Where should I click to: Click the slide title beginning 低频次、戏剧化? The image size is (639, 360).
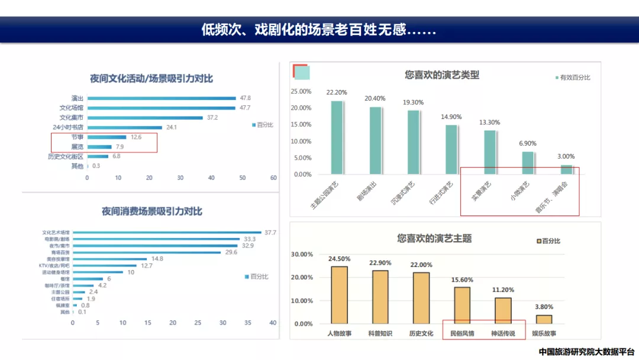click(319, 30)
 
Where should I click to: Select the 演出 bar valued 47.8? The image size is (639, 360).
click(161, 98)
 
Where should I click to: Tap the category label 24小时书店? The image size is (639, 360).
click(68, 127)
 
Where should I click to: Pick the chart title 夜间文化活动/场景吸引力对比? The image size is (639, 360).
click(151, 79)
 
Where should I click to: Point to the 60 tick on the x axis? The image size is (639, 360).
click(273, 178)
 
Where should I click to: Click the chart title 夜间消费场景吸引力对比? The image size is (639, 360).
click(151, 211)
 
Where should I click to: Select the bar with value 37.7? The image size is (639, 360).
click(167, 233)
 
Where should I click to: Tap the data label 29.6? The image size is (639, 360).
click(231, 252)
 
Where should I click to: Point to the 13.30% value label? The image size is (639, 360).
click(489, 123)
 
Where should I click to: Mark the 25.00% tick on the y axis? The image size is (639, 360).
click(301, 92)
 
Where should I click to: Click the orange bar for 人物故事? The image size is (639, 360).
click(339, 295)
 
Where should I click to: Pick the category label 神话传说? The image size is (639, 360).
click(503, 334)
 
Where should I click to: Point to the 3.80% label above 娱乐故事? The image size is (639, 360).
click(543, 307)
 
